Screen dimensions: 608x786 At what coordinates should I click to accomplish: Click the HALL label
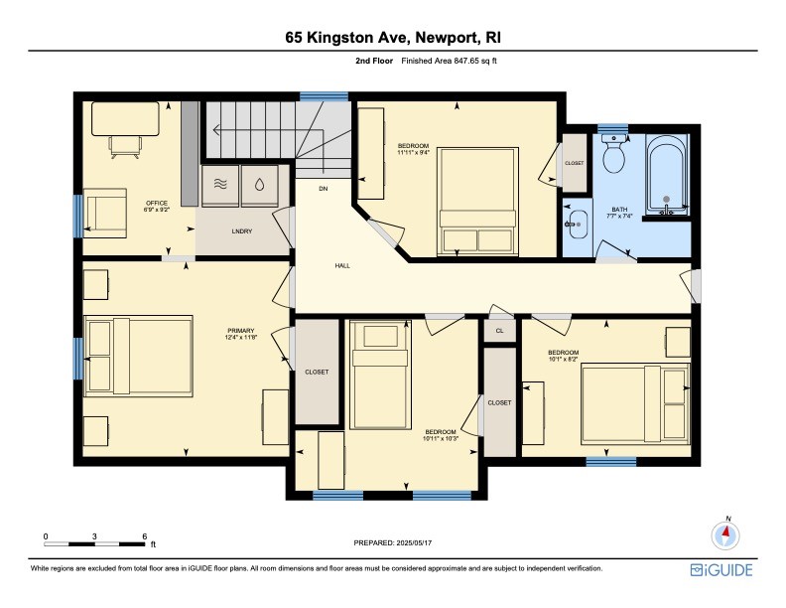[341, 265]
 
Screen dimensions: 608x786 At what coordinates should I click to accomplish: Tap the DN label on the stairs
[323, 188]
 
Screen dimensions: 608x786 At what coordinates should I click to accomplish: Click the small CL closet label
[499, 330]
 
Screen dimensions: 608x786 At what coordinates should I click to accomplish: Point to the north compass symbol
[726, 533]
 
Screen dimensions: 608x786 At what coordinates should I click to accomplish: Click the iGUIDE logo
[721, 569]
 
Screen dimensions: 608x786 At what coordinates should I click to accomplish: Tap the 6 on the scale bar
[145, 536]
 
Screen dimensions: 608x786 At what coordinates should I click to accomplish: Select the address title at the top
[392, 39]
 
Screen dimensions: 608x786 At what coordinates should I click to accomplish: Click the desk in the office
[125, 119]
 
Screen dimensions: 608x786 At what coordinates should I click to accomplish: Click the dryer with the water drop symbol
[259, 186]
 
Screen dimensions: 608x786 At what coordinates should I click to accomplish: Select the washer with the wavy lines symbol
[220, 186]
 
